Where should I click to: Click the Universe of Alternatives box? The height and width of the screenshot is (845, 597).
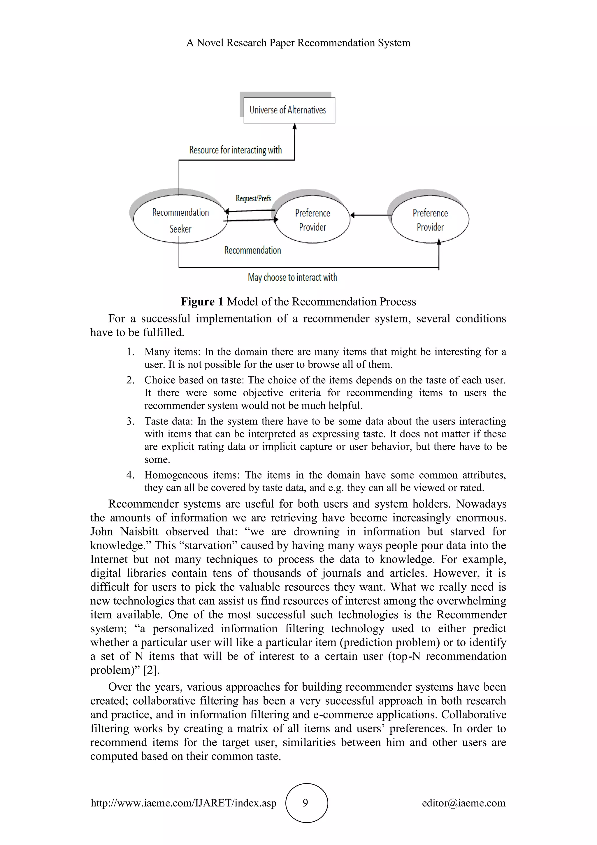point(289,110)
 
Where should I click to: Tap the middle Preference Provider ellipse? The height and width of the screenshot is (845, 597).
point(312,220)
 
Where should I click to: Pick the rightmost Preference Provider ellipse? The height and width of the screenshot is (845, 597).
point(430,220)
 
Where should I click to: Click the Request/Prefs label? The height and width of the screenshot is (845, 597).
point(253,198)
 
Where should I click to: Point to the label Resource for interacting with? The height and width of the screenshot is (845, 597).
point(235,150)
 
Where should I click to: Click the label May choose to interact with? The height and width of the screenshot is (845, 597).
point(292,277)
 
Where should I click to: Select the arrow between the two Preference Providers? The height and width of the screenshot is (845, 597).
point(371,215)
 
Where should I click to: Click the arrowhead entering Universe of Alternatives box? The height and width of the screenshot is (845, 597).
point(294,127)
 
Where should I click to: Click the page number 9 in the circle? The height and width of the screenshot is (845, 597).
point(305,803)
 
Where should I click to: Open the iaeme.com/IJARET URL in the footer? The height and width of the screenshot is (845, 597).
point(183,803)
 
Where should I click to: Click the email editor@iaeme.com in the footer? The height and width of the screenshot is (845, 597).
point(463,803)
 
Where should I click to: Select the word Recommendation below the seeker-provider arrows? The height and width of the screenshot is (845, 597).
point(252,250)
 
